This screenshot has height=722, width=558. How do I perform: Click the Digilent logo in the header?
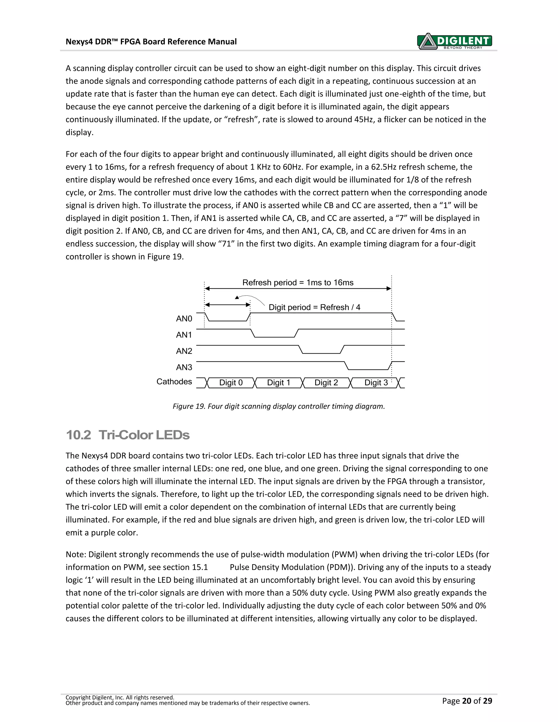[455, 41]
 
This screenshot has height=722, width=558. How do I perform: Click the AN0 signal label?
[184, 319]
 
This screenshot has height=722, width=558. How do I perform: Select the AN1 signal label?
[184, 335]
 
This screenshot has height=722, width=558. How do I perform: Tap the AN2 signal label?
[184, 351]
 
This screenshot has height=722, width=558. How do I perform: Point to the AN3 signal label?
[184, 367]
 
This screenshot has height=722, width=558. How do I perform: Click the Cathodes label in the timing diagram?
[174, 382]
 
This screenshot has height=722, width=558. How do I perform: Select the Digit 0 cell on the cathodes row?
[231, 383]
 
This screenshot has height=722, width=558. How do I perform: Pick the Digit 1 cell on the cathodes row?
[278, 383]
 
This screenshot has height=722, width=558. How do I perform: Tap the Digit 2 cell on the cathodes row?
[326, 383]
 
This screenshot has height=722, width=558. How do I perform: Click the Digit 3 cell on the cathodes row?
[375, 383]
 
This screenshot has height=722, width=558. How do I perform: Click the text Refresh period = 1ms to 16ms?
[298, 283]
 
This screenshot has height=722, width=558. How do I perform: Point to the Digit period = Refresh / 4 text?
[314, 307]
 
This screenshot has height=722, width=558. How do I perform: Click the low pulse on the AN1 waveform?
[274, 337]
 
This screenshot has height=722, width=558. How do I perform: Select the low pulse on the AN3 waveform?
[368, 369]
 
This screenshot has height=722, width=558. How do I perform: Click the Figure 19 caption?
[279, 406]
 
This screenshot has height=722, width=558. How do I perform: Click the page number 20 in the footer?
[466, 701]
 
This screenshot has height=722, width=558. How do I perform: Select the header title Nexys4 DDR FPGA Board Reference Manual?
[151, 42]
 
